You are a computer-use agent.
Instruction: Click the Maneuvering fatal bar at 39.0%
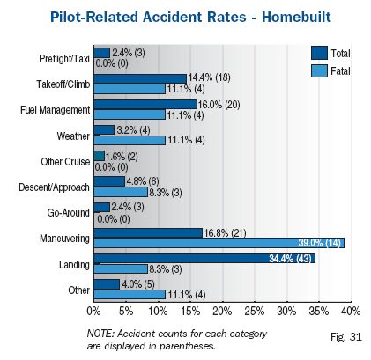point(219,243)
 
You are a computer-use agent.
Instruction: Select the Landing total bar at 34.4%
point(204,259)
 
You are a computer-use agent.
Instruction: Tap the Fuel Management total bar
point(145,105)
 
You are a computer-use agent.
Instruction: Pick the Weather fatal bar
point(130,140)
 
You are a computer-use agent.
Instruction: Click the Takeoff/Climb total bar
point(140,78)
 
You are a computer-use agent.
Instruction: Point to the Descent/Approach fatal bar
point(121,192)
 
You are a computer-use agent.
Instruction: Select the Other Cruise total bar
point(100,156)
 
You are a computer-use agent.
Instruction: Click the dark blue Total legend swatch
point(319,53)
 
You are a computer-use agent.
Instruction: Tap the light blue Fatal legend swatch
point(319,70)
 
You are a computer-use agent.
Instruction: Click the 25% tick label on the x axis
point(255,312)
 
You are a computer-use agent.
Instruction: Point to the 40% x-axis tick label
point(351,312)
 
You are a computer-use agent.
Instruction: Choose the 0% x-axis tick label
point(93,312)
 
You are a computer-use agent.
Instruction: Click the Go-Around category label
point(69,213)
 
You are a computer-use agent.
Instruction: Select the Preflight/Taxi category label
point(64,59)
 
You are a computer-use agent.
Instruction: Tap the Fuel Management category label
point(56,110)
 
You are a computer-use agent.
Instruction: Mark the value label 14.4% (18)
point(209,77)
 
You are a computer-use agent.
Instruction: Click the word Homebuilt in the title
point(296,17)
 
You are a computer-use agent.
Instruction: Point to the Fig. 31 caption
point(346,337)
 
